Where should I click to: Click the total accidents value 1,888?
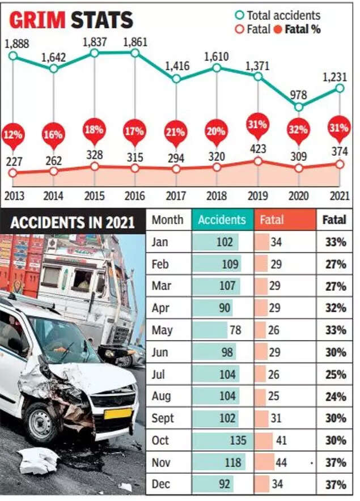click(x=16, y=44)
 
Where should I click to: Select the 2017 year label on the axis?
click(x=176, y=196)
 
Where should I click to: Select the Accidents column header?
click(x=222, y=219)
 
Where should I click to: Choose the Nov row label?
click(x=162, y=462)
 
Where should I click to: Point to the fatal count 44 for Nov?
click(x=281, y=462)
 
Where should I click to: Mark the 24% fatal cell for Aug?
click(x=336, y=396)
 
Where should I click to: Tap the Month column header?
click(x=167, y=219)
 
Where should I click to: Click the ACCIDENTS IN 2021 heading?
click(x=72, y=222)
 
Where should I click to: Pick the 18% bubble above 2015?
click(x=94, y=129)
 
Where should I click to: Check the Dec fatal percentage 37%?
click(x=336, y=485)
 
